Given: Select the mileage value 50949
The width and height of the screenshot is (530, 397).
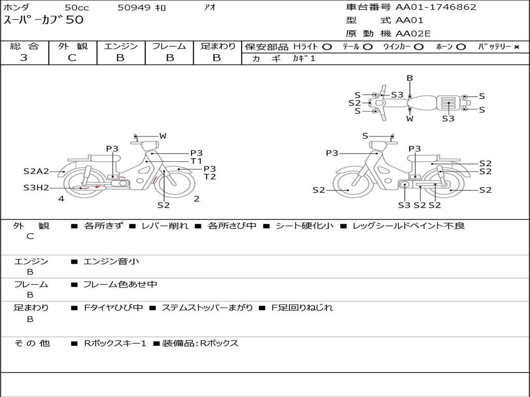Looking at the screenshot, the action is tap(134, 8).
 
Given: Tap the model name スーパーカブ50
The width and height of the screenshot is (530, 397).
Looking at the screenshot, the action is tap(43, 20).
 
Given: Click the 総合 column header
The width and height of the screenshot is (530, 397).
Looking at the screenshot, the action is tap(24, 47).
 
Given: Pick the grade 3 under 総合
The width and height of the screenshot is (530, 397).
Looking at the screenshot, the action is tap(24, 58).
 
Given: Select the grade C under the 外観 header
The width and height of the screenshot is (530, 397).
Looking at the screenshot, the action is tap(72, 58).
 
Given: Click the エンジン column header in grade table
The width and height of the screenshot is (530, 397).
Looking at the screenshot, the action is tap(121, 47).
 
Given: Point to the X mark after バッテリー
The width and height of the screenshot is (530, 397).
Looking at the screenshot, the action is tap(516, 47).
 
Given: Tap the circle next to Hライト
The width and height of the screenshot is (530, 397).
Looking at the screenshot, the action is tap(327, 47).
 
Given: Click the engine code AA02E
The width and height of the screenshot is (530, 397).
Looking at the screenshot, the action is tap(413, 34).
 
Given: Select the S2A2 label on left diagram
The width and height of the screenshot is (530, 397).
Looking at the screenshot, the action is tap(36, 172).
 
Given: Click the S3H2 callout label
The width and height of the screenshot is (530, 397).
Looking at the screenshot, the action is tap(36, 188).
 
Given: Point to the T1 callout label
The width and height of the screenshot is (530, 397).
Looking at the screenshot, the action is tap(196, 161).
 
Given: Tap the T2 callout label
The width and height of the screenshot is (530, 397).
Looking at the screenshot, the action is tap(210, 177).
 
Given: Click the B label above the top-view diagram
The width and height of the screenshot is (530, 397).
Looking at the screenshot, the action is tap(409, 78).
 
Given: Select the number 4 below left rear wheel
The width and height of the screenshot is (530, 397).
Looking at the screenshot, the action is tap(61, 198).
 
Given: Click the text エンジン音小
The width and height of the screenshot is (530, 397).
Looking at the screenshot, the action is tap(111, 262).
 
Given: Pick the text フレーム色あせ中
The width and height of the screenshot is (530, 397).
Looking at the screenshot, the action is tap(120, 284).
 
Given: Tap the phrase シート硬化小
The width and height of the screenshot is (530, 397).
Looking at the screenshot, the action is tap(305, 226).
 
